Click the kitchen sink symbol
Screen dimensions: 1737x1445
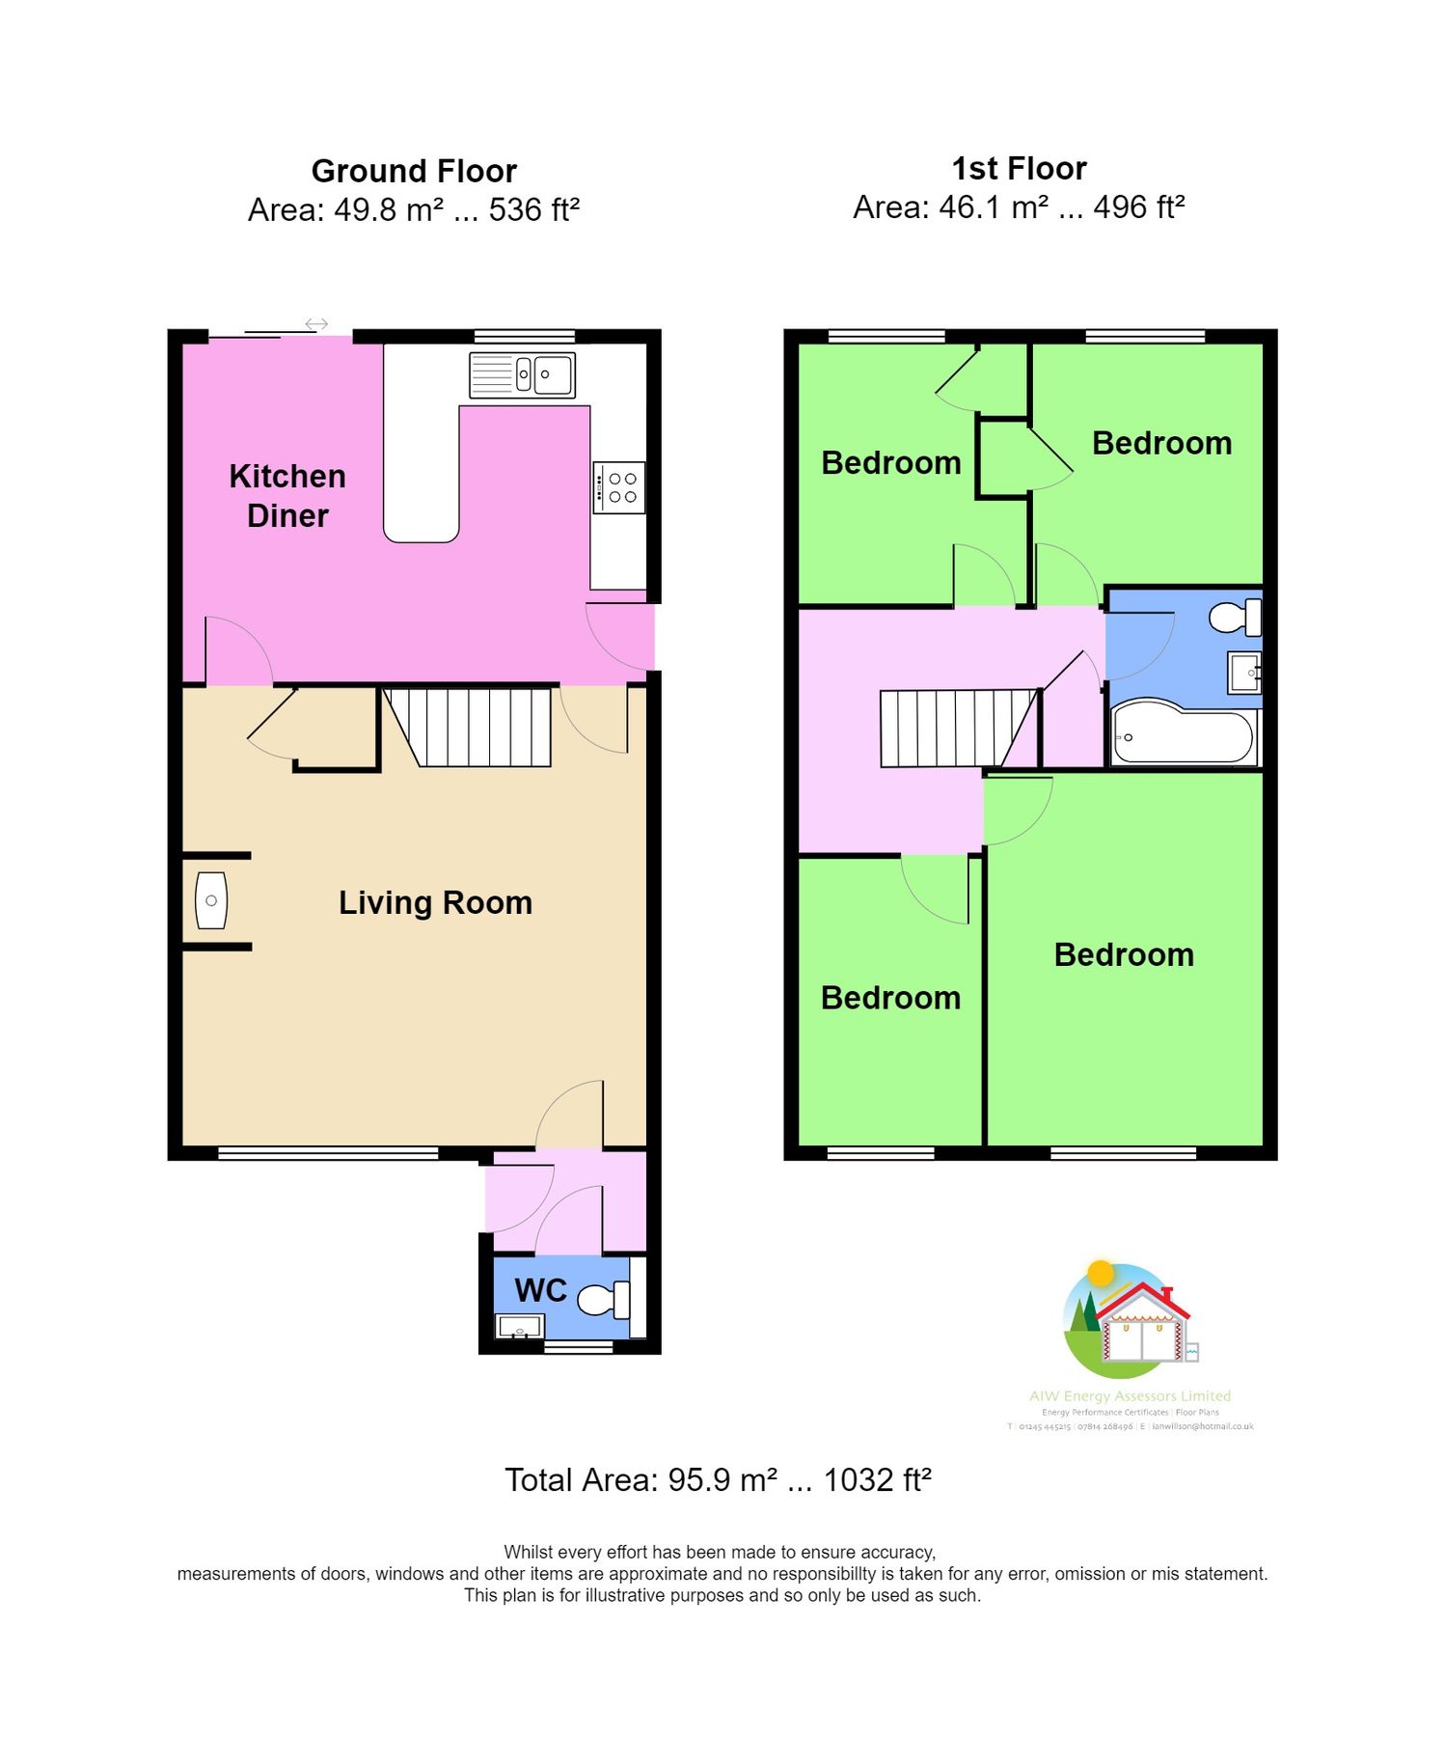pos(522,374)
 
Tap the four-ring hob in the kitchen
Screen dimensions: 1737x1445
pos(619,487)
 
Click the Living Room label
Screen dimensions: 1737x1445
pos(435,902)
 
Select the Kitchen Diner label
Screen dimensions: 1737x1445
pos(287,495)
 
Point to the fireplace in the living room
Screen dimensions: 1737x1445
pos(211,900)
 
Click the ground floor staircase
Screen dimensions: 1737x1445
pos(471,726)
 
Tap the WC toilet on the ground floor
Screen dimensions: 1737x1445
pos(604,1299)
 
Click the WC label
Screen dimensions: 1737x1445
pos(540,1290)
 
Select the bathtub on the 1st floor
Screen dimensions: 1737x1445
pos(1184,737)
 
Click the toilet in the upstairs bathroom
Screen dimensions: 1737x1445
pos(1235,617)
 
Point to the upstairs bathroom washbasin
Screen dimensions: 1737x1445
pos(1244,672)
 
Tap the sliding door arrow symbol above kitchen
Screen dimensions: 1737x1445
pos(316,323)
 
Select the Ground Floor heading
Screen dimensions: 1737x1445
pos(414,171)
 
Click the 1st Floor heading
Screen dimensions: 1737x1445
pos(1019,169)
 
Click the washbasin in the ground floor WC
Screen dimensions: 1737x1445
pos(519,1326)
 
